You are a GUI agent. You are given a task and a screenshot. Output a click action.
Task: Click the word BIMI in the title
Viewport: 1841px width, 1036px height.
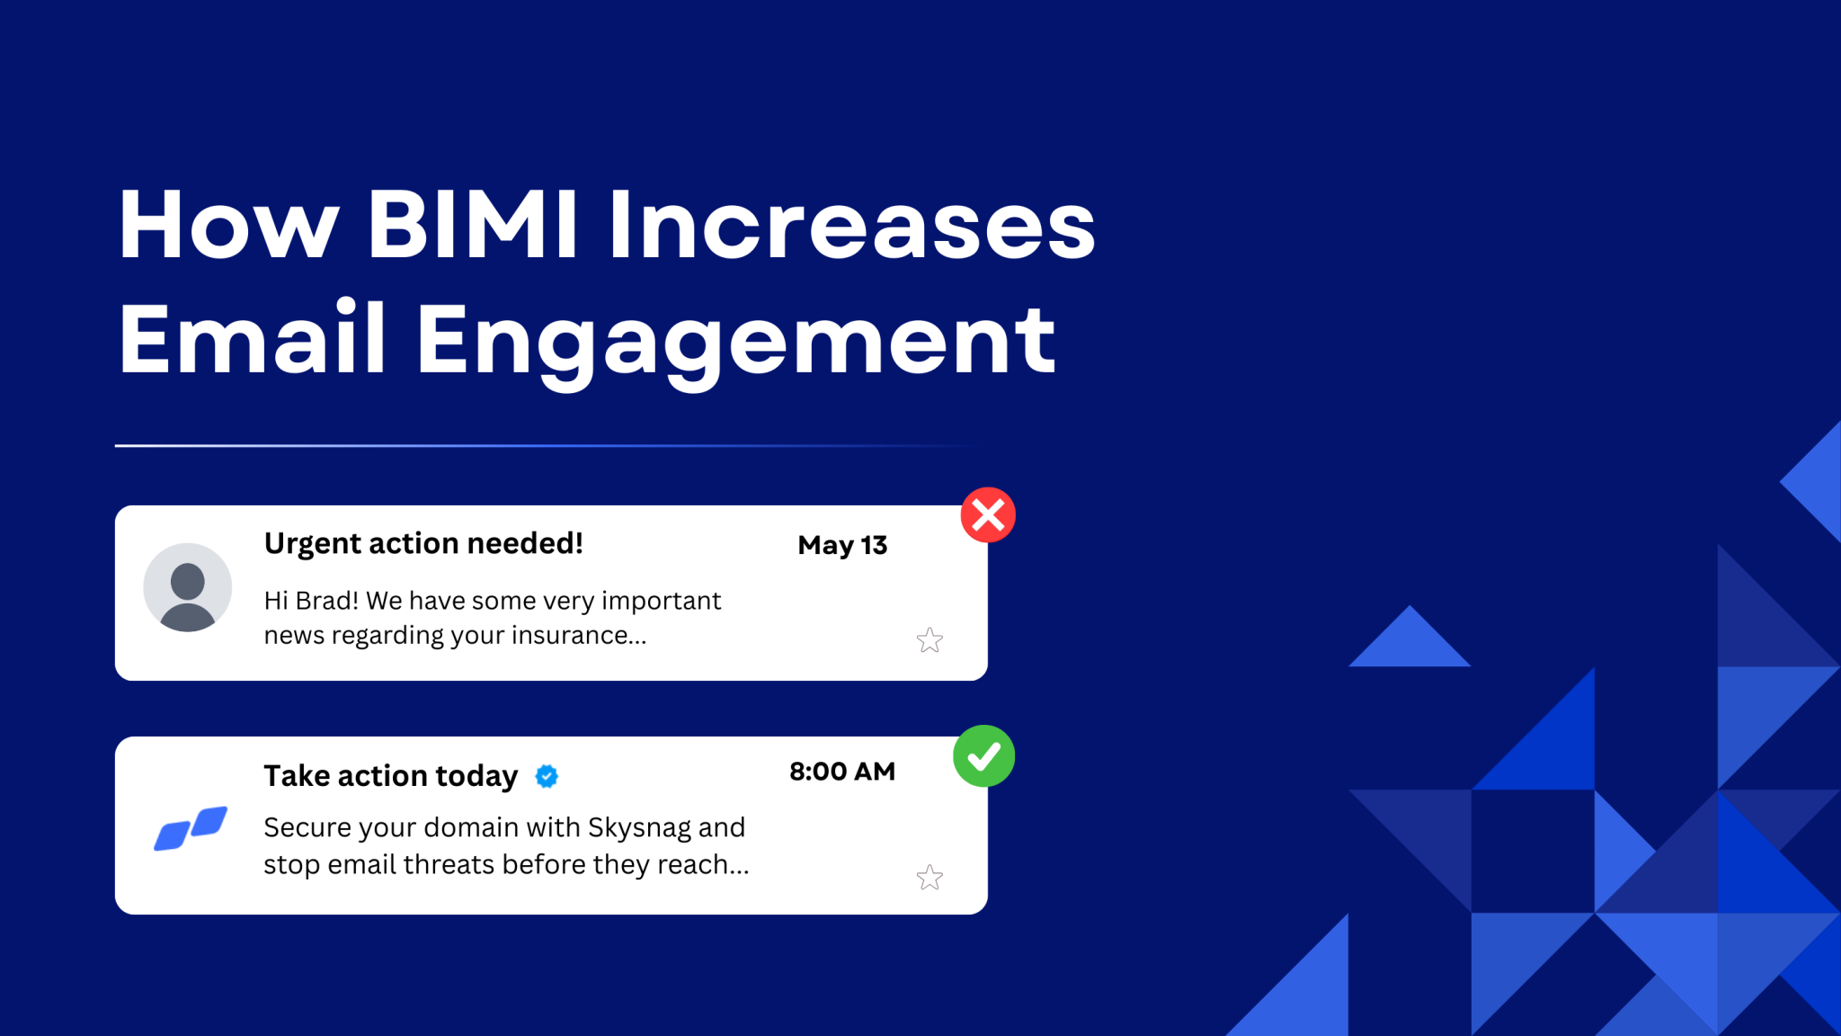pyautogui.click(x=473, y=225)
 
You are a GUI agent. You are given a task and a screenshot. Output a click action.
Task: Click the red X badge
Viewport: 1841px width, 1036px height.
pyautogui.click(x=988, y=515)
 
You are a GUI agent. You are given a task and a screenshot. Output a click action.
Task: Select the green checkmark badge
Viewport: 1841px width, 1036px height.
pyautogui.click(x=984, y=756)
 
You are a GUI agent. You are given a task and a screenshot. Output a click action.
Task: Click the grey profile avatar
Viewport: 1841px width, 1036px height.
pyautogui.click(x=188, y=587)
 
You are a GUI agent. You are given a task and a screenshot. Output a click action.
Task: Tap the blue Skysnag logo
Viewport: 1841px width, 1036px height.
pyautogui.click(x=191, y=828)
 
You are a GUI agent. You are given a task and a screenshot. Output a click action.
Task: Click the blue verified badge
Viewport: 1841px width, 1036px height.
pyautogui.click(x=547, y=776)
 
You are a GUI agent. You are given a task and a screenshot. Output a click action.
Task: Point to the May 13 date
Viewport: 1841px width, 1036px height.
pyautogui.click(x=842, y=546)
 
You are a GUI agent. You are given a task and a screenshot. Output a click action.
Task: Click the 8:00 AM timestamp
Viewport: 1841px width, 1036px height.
pyautogui.click(x=842, y=772)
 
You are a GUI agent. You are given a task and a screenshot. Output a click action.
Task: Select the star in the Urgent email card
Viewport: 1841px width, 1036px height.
pyautogui.click(x=929, y=640)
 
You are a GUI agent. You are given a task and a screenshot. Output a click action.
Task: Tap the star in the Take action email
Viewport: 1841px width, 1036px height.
pyautogui.click(x=929, y=877)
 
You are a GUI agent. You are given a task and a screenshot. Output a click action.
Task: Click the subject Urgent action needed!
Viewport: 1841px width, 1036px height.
pyautogui.click(x=423, y=544)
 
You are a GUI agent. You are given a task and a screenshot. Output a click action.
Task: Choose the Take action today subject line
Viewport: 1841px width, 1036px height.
pyautogui.click(x=391, y=776)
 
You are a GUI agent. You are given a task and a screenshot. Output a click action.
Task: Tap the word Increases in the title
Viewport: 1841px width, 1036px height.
pyautogui.click(x=852, y=225)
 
